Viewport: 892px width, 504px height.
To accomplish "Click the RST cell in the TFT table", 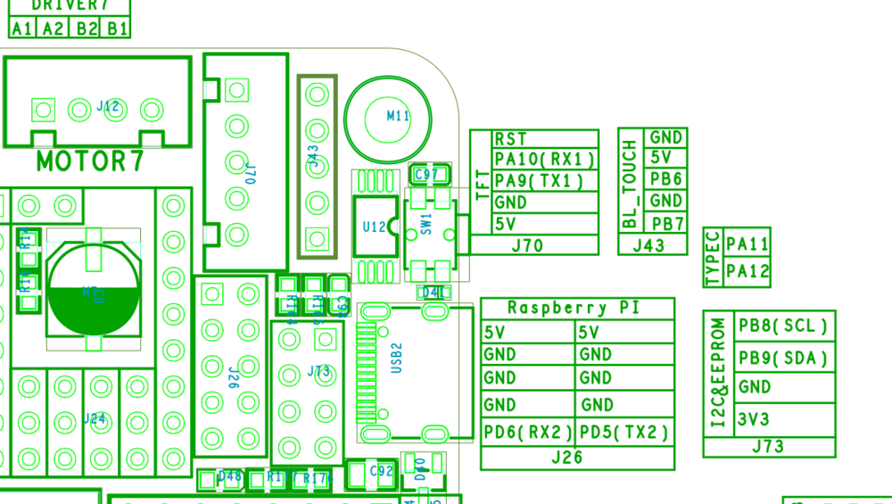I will coord(510,139).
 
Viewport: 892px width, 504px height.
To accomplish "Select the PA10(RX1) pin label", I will coord(544,160).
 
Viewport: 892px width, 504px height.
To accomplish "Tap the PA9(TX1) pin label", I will coord(539,181).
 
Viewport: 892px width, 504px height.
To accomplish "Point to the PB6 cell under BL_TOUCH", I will coord(665,179).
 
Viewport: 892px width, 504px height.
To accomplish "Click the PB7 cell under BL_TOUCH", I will coord(667,223).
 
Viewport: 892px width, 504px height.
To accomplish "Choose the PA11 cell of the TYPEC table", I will coord(747,244).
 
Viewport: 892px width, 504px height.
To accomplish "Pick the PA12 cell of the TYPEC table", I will coord(747,271).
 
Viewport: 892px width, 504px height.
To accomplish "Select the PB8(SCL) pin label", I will coord(782,326).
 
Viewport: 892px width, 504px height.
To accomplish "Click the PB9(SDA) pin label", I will coord(782,359).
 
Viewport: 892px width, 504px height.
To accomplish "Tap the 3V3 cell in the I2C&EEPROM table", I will coord(754,419).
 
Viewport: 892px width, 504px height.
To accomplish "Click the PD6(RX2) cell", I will coord(528,433).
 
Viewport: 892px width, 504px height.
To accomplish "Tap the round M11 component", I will coord(389,115).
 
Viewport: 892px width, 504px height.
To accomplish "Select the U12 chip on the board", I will coord(375,227).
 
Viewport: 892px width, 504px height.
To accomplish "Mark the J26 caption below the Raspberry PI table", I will coord(566,458).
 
